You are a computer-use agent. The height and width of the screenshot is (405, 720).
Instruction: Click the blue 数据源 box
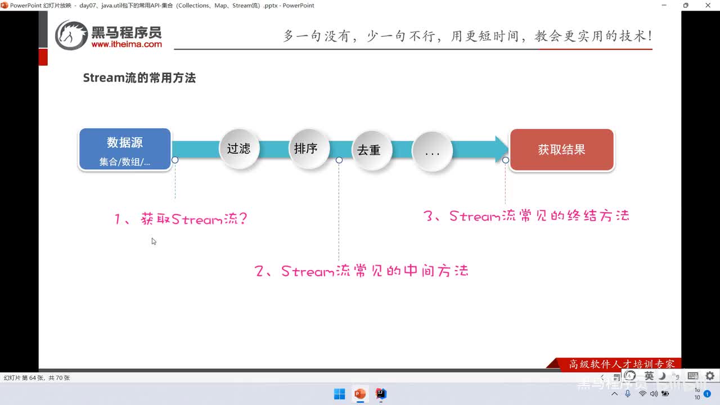coord(125,149)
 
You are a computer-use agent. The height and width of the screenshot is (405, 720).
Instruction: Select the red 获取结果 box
coord(561,150)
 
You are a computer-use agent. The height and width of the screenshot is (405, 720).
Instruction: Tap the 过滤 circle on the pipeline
coord(238,148)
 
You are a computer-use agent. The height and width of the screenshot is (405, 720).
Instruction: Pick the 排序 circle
coord(306,148)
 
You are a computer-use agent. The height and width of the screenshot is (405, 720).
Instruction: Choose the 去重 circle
coord(369,150)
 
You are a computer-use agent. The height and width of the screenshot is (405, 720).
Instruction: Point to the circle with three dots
coord(432,151)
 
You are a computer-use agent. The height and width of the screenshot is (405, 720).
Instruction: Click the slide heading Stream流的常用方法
coord(139,78)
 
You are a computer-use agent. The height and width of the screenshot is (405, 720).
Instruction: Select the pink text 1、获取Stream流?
coord(181,219)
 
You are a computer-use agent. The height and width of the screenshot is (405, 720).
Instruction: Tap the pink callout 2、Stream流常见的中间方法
coord(362,271)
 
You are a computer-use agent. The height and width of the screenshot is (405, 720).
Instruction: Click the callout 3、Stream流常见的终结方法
coord(526,216)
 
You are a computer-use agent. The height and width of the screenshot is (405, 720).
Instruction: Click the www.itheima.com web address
coord(127,44)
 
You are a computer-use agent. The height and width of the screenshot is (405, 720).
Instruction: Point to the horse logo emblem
coord(71,35)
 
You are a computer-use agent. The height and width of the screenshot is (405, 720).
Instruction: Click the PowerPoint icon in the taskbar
coord(360,394)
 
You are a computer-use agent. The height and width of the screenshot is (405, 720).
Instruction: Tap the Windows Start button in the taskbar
coord(340,394)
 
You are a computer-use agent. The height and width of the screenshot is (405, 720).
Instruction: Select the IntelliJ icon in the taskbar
coord(381,394)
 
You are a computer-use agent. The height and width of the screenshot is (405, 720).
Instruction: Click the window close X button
coord(708,6)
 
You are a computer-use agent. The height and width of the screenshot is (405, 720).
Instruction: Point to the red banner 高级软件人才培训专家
coord(621,364)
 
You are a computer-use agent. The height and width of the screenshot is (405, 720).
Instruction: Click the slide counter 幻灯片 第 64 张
coord(37,378)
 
